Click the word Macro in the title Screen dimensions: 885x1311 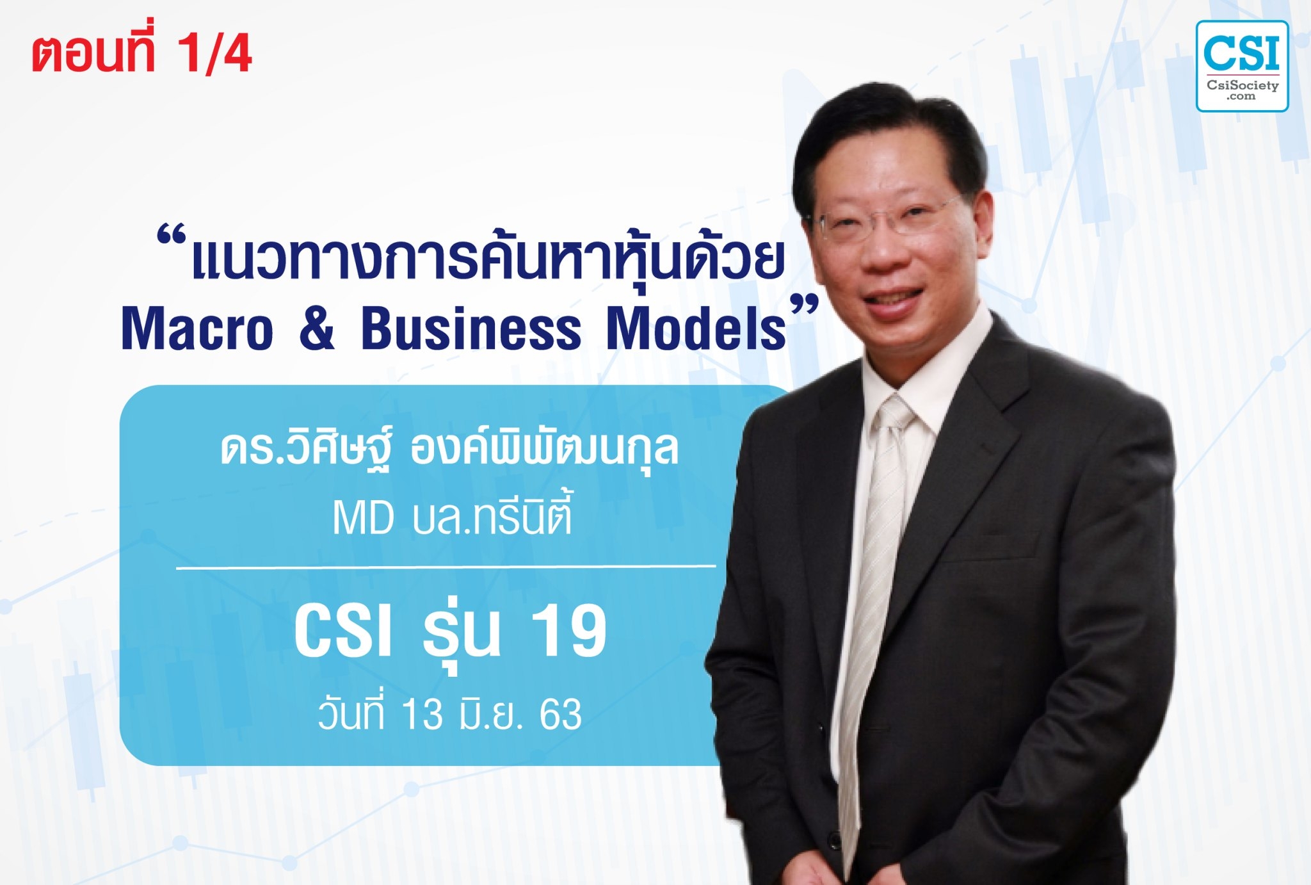[197, 330]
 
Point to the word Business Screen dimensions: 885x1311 [471, 330]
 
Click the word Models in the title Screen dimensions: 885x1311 [696, 330]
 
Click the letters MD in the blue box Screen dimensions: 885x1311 [363, 519]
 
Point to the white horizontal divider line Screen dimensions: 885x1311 [446, 567]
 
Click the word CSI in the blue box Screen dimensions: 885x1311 [342, 632]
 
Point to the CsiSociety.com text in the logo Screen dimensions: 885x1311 [1242, 90]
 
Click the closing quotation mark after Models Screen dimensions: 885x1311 [804, 304]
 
